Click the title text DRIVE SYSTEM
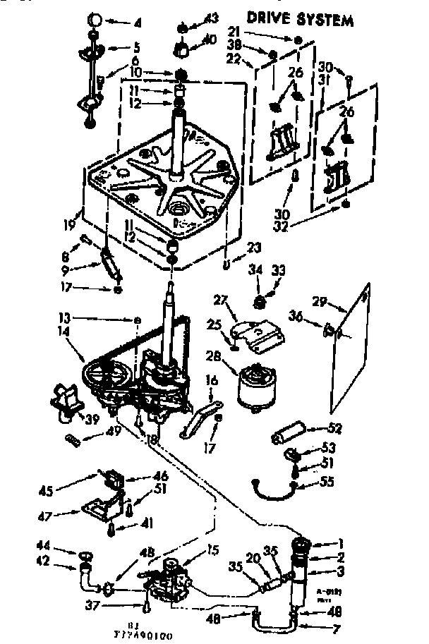point(300,19)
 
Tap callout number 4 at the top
point(138,23)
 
